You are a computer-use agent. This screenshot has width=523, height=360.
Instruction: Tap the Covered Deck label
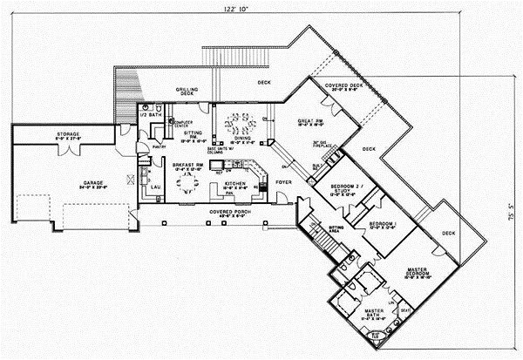pos(343,87)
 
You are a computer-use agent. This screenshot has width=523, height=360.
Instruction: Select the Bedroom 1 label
pos(382,227)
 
